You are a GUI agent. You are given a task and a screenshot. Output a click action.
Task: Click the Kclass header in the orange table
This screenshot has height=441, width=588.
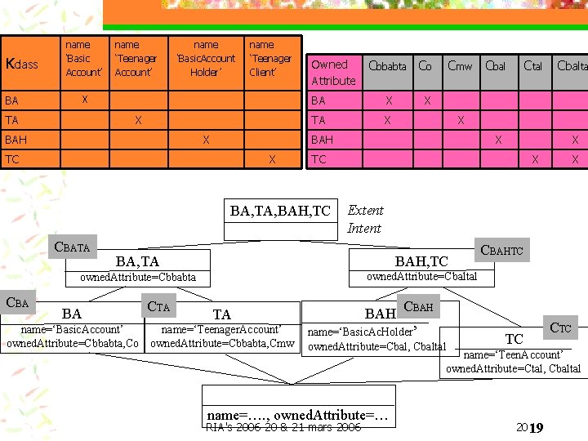click(22, 64)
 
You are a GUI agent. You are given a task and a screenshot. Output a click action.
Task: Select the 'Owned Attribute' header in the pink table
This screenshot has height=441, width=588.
click(333, 72)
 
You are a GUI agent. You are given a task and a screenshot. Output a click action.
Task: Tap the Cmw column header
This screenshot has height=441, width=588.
click(460, 66)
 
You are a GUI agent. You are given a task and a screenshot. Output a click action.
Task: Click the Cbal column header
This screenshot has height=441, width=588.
click(496, 66)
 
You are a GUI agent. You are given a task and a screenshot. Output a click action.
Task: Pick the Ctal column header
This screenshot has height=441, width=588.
click(533, 66)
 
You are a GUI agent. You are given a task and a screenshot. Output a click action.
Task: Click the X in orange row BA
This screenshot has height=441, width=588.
click(83, 99)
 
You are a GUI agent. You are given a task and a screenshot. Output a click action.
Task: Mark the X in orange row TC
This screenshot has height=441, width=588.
click(272, 159)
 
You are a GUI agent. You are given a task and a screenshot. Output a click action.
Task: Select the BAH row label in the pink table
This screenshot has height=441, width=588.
click(323, 140)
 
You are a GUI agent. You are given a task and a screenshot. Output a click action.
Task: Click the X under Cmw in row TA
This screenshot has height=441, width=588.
click(461, 120)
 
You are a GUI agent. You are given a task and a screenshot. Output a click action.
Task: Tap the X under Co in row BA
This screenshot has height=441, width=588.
click(425, 100)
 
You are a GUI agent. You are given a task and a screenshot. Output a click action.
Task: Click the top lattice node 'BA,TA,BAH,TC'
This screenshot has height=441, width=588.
click(280, 212)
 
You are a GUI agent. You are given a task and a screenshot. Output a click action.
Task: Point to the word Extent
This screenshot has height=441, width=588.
click(365, 210)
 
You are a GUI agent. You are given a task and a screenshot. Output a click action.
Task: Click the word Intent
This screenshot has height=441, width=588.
click(364, 229)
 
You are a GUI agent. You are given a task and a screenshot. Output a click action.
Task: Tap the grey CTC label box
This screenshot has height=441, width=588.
click(560, 328)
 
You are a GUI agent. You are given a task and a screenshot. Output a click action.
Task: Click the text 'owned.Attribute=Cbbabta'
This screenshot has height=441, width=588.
click(137, 278)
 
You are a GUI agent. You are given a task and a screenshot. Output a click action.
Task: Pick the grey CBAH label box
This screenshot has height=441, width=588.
click(419, 307)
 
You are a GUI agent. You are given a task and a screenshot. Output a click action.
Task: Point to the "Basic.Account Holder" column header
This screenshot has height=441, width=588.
click(206, 58)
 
